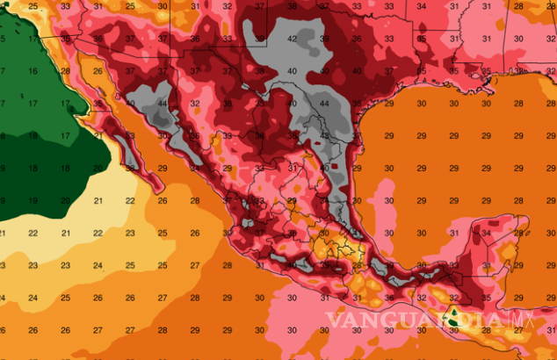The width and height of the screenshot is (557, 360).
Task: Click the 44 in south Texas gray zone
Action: point(324,104)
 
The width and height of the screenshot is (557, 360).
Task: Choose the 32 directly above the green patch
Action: point(454,297)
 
